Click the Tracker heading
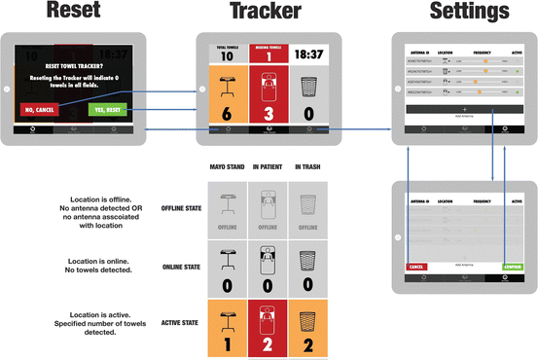(265, 13)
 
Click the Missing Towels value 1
(265, 55)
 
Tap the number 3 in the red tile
(266, 114)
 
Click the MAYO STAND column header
(225, 167)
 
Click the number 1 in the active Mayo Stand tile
(224, 342)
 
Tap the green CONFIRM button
(515, 265)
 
